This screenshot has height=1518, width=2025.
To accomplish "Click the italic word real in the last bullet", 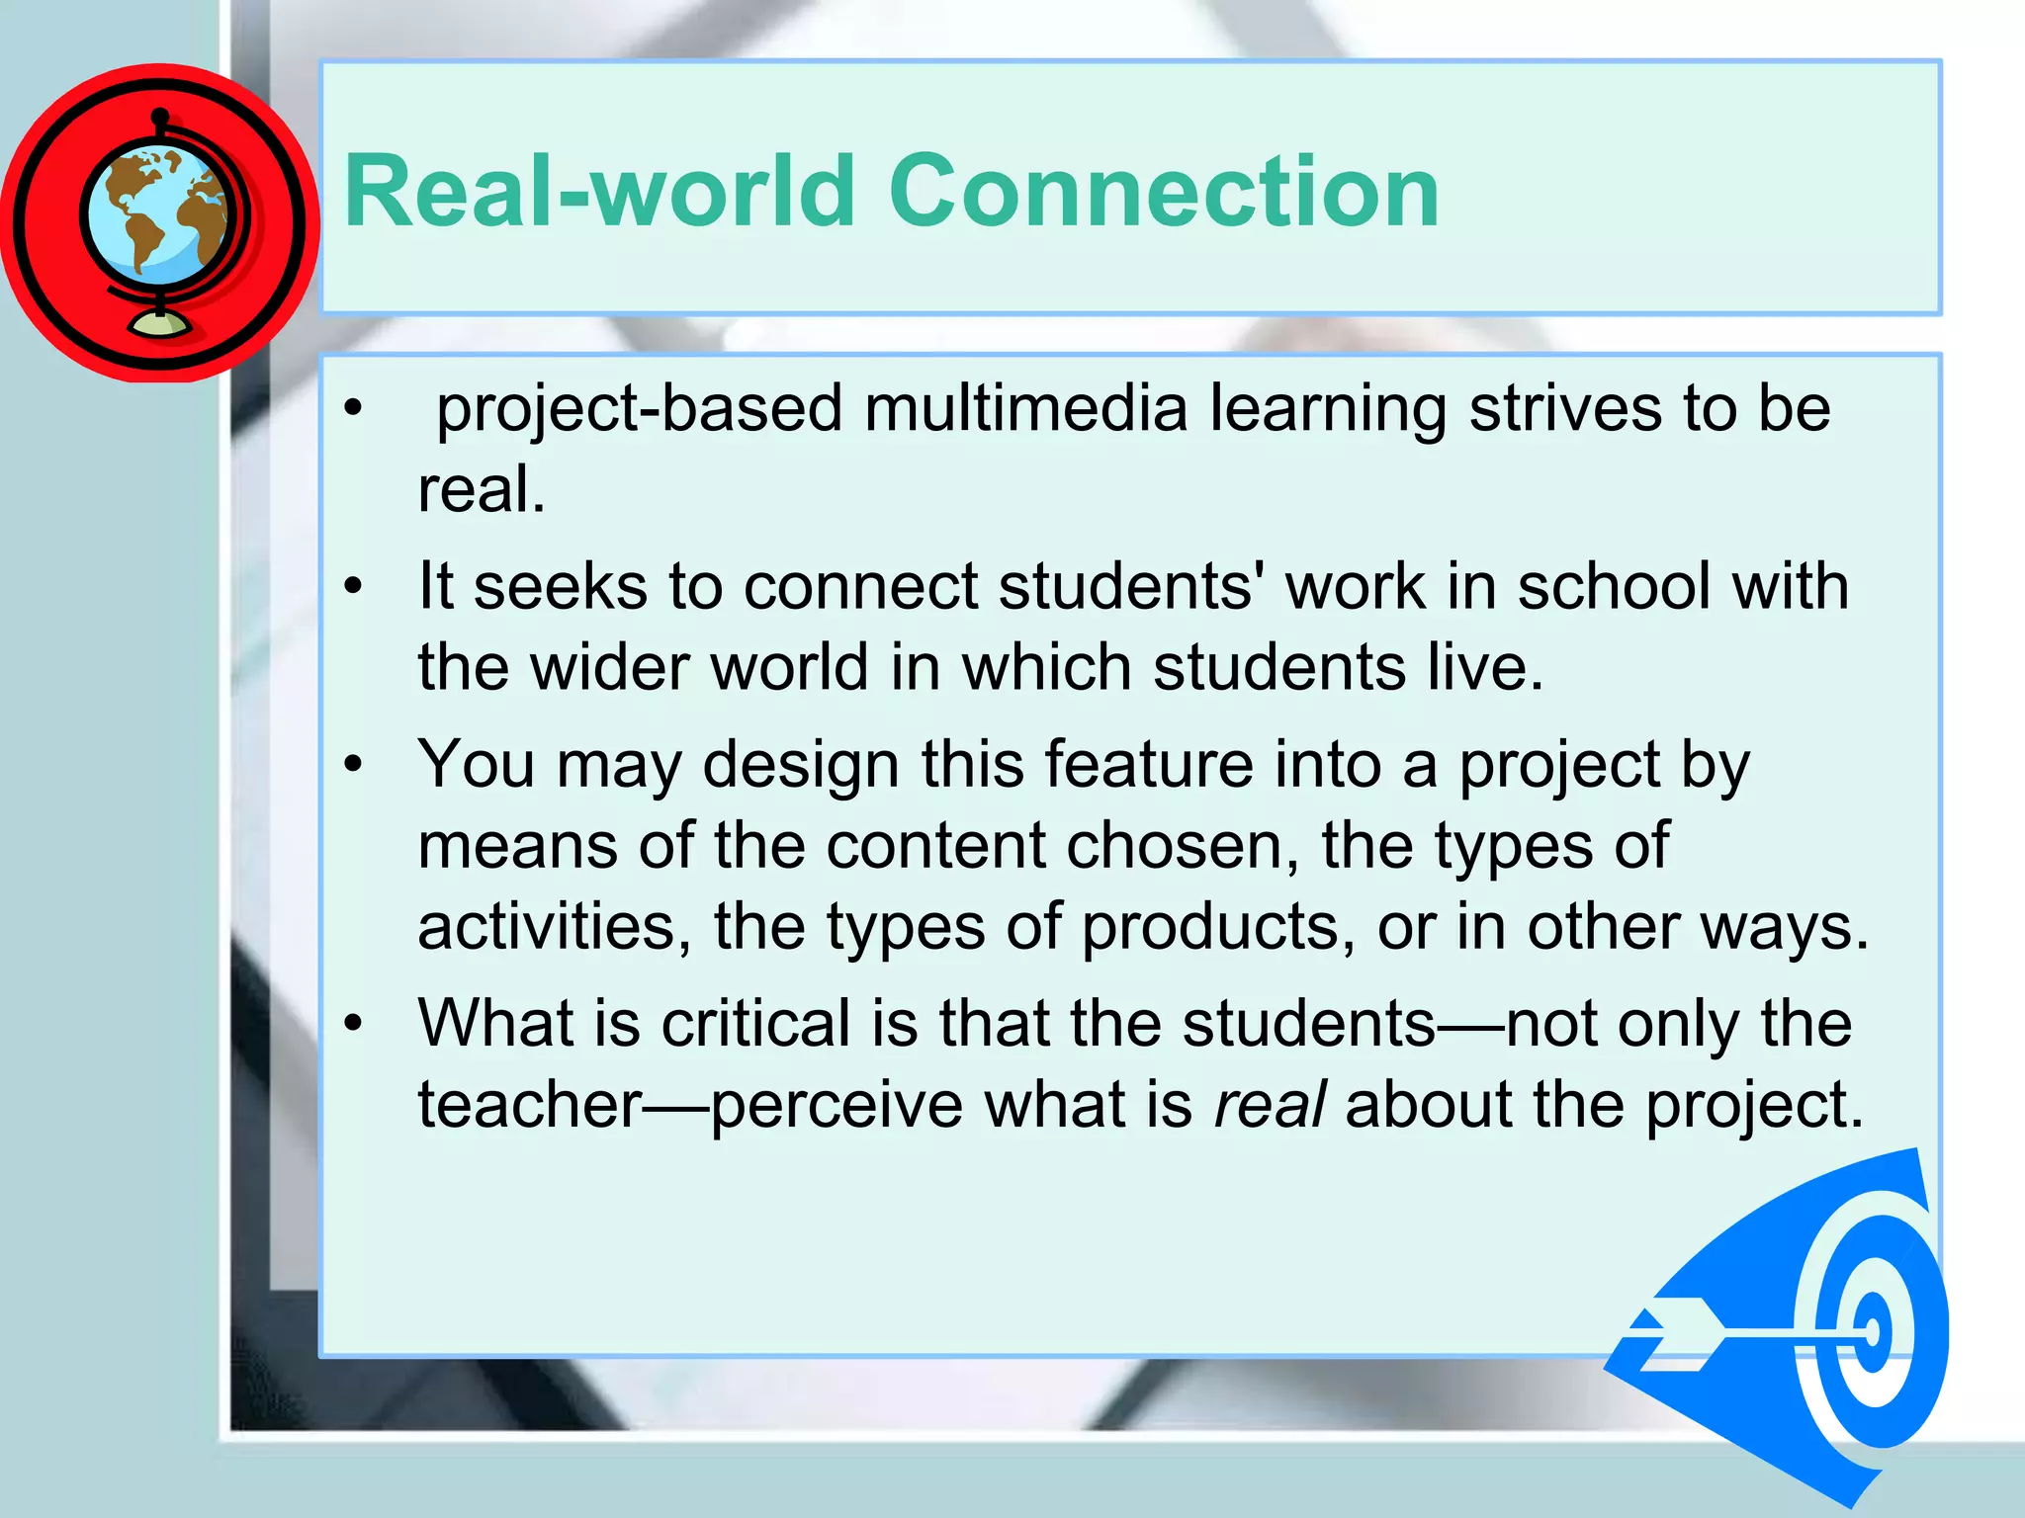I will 1269,1104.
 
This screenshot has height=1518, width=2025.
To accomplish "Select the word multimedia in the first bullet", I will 1025,408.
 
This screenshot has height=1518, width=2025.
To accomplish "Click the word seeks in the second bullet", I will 559,586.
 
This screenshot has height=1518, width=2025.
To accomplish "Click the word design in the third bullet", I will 800,766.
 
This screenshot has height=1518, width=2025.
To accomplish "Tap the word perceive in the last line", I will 836,1106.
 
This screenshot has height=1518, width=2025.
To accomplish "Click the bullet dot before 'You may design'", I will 353,765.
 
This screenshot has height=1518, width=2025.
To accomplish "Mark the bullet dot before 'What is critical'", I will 353,1024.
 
